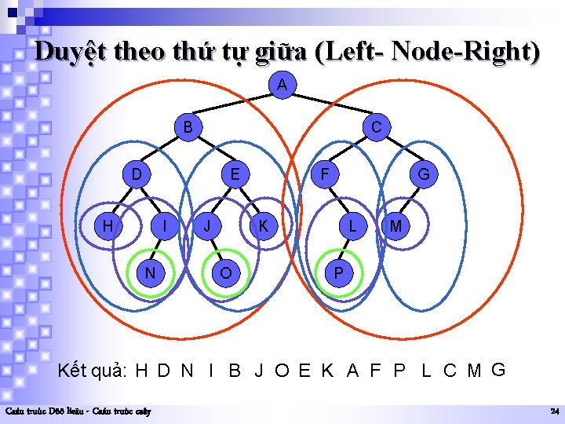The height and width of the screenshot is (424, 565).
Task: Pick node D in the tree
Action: (x=137, y=173)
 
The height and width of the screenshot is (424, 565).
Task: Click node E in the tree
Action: (x=234, y=173)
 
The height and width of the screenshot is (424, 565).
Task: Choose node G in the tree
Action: (x=424, y=174)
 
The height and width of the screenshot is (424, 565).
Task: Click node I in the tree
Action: (x=163, y=226)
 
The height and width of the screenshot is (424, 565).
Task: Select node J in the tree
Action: (x=207, y=226)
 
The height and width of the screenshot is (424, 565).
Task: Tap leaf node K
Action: (x=264, y=226)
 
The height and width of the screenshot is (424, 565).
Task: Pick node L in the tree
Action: (x=354, y=226)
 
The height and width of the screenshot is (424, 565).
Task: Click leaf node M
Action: (x=395, y=226)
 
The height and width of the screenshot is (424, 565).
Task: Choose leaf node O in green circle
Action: (x=226, y=272)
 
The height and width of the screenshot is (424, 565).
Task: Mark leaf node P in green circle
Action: (x=338, y=272)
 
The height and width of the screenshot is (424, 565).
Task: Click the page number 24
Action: (x=554, y=411)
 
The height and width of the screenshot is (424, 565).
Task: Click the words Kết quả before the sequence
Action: (x=93, y=370)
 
